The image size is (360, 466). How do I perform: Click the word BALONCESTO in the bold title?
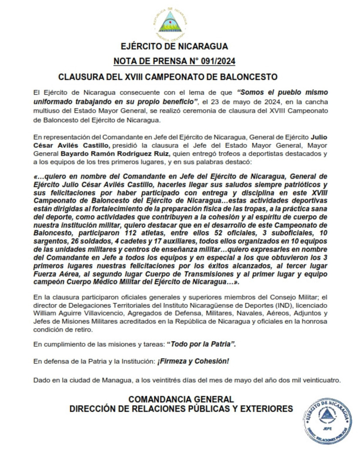coord(250,77)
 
